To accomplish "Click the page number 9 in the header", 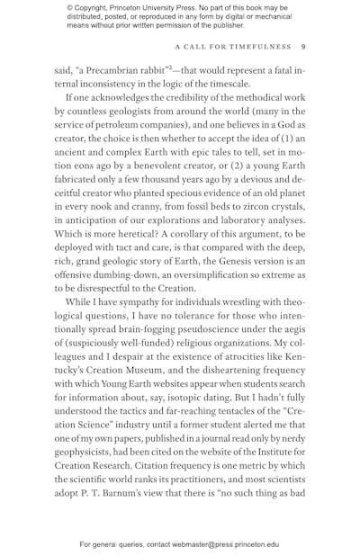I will pyautogui.click(x=303, y=47).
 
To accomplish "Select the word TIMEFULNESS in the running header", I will pyautogui.click(x=258, y=47).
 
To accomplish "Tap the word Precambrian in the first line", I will pyautogui.click(x=116, y=67).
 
